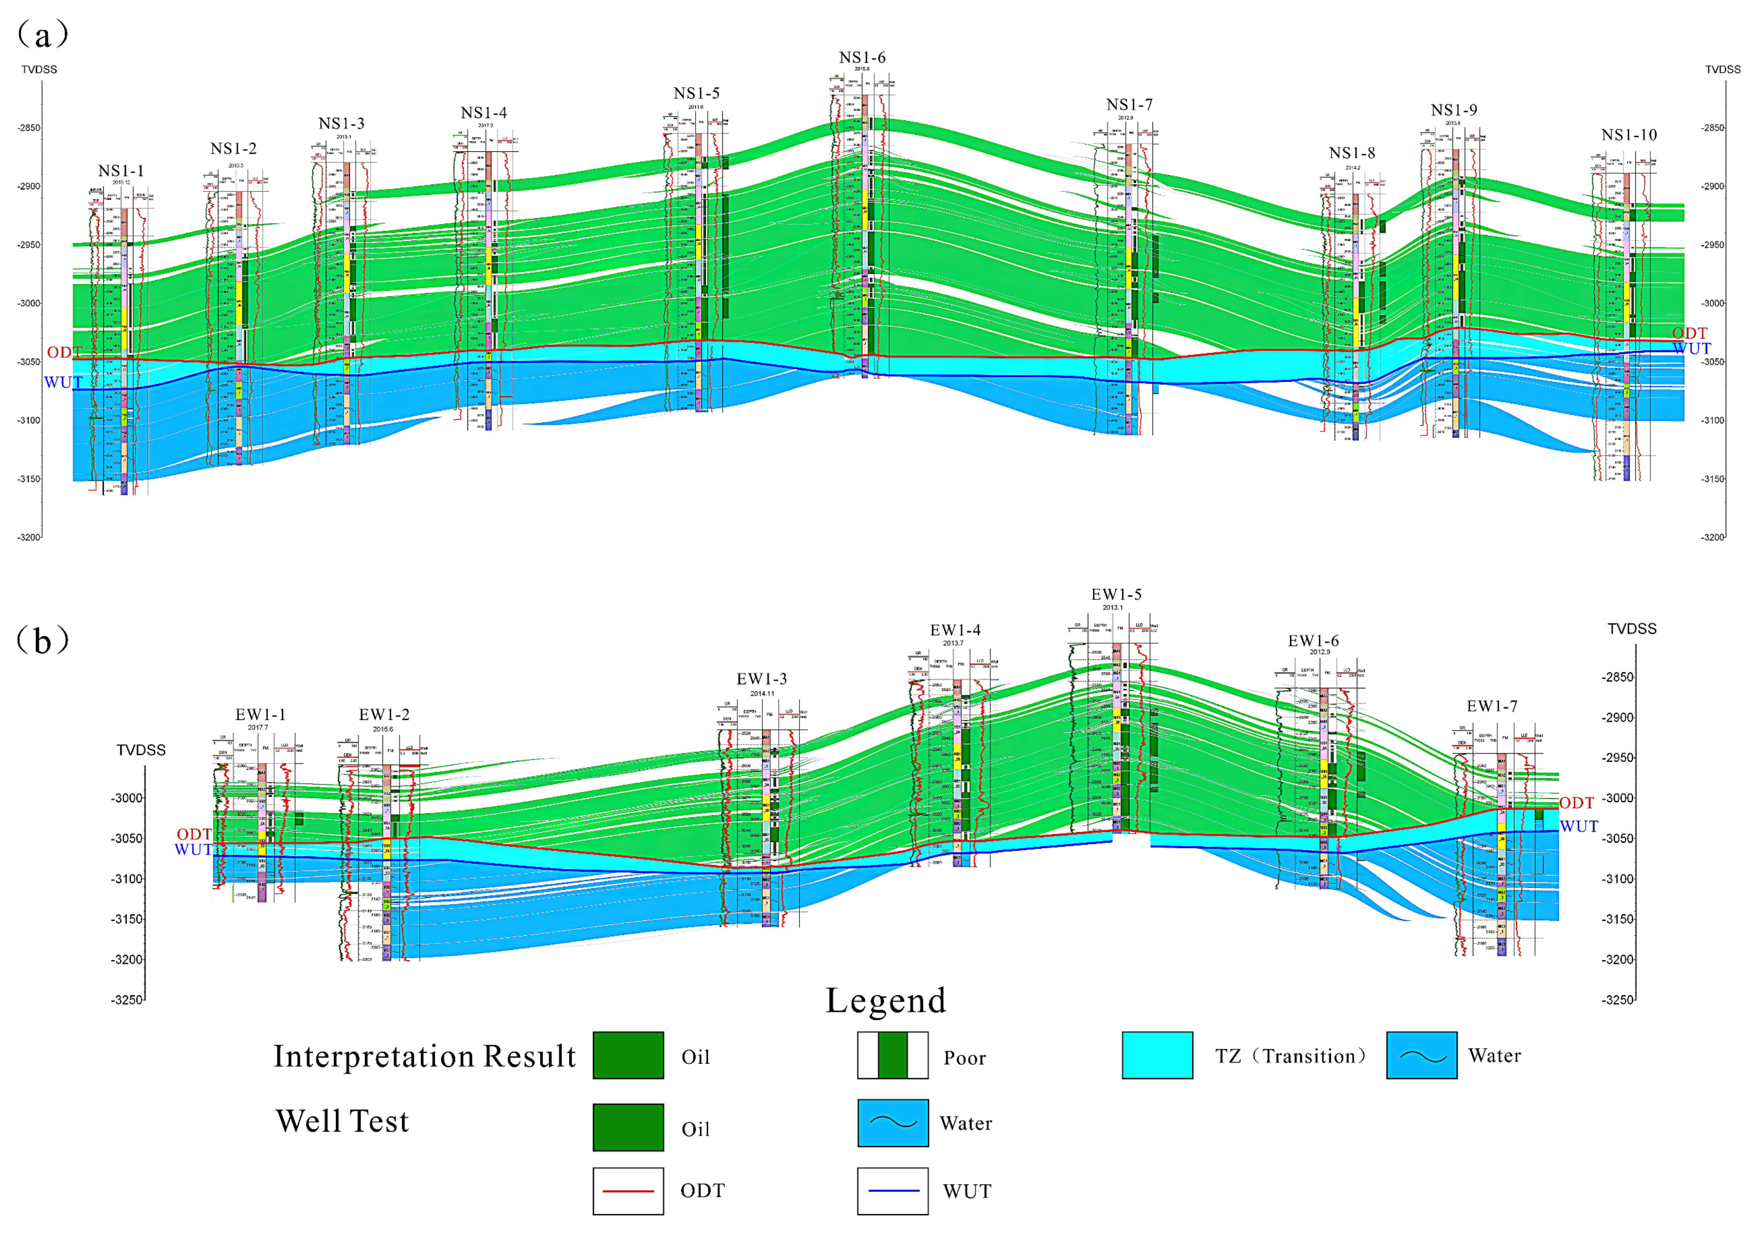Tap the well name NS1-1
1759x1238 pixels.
pyautogui.click(x=121, y=171)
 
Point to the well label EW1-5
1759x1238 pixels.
pyautogui.click(x=1116, y=595)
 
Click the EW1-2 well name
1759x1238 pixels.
pyautogui.click(x=384, y=715)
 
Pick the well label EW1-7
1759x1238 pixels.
pyautogui.click(x=1492, y=706)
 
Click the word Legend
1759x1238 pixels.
pyautogui.click(x=886, y=1001)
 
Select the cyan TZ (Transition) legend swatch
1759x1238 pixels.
pyautogui.click(x=1157, y=1056)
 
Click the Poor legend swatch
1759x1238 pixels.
pyautogui.click(x=893, y=1056)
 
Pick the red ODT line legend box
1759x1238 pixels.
pyautogui.click(x=628, y=1191)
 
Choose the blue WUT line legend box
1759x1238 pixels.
pyautogui.click(x=893, y=1191)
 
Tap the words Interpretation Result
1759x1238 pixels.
pyautogui.click(x=425, y=1056)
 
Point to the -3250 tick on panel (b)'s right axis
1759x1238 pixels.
pyautogui.click(x=1617, y=1000)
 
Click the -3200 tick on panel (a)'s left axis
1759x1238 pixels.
pyautogui.click(x=29, y=537)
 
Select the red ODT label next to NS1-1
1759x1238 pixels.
pyautogui.click(x=64, y=352)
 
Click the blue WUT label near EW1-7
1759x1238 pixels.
pyautogui.click(x=1579, y=826)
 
